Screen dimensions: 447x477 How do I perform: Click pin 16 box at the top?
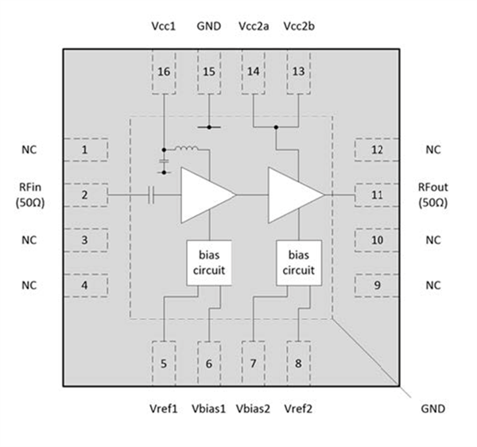click(x=164, y=76)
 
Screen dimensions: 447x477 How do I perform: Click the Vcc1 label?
click(x=164, y=25)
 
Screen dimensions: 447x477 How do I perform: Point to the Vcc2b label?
click(x=299, y=25)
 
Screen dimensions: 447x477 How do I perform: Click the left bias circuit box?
click(x=210, y=262)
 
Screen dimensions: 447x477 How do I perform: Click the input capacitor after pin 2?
click(x=150, y=194)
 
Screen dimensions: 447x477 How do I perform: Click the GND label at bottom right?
click(x=432, y=409)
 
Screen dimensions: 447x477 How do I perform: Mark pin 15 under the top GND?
click(x=208, y=76)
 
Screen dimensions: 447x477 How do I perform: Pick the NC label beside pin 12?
click(x=432, y=150)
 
